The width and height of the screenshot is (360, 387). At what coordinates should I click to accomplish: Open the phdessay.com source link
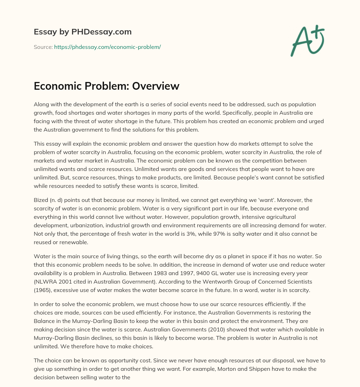pos(107,47)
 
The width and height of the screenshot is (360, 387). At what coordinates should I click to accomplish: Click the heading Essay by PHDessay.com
pos(83,32)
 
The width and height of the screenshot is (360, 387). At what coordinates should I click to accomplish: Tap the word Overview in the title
pos(156,86)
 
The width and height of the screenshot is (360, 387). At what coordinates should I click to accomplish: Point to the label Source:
pos(43,47)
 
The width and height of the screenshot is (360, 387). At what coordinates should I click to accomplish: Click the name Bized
pos(41,200)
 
